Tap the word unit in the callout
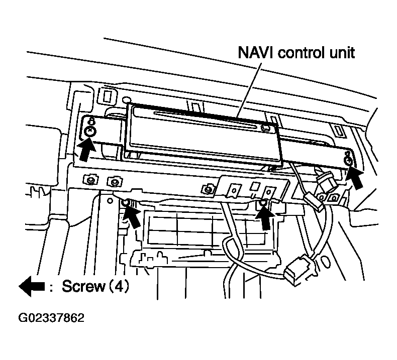(341, 52)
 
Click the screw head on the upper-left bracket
(90, 131)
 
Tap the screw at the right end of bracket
(348, 161)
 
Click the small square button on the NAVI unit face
(265, 128)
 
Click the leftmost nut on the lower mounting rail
(90, 180)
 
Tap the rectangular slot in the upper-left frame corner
(107, 95)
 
